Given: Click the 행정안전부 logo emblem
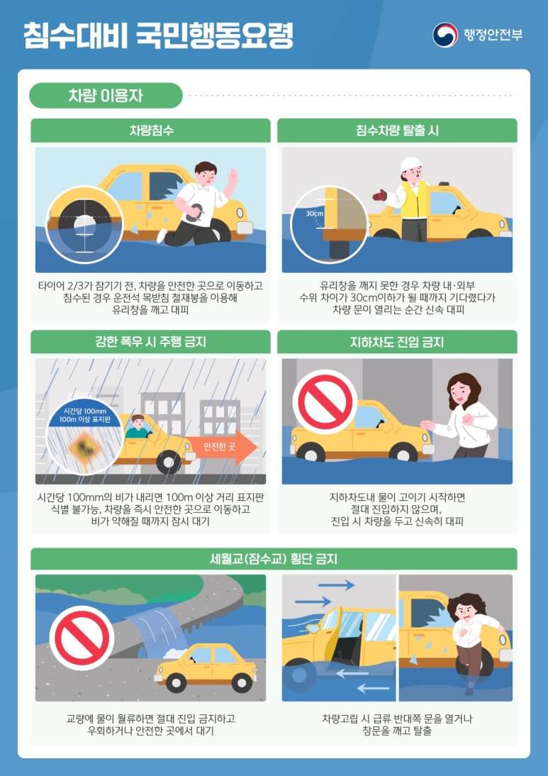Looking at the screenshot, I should click(445, 35).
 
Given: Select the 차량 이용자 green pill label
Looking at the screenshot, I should click(106, 96).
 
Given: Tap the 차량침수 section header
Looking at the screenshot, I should click(150, 131).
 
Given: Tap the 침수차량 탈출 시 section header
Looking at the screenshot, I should click(397, 131).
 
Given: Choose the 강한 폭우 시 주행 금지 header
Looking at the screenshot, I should click(150, 342).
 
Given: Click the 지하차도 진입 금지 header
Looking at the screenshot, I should click(397, 342).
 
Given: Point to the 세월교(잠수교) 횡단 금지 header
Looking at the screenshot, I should click(274, 559).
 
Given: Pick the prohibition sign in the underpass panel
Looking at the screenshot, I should click(325, 401).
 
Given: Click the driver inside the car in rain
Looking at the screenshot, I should click(137, 427).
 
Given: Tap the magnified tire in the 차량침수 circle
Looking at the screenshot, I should click(84, 221).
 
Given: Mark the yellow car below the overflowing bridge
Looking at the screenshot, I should click(206, 666).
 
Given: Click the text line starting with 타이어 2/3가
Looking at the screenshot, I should click(150, 286).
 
